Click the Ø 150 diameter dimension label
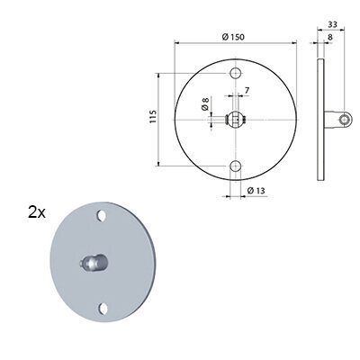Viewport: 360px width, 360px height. [233, 37]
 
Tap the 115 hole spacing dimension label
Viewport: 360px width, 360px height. [153, 117]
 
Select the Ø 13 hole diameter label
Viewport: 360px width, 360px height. [256, 191]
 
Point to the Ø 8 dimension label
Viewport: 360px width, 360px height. [205, 104]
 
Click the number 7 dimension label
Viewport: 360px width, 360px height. [247, 90]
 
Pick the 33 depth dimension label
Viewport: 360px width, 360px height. [332, 24]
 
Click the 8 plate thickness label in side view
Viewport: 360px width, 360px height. [330, 37]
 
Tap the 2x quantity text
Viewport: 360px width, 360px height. [37, 212]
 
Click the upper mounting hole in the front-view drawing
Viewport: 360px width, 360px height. [236, 73]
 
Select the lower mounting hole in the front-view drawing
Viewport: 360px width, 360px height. [236, 166]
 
